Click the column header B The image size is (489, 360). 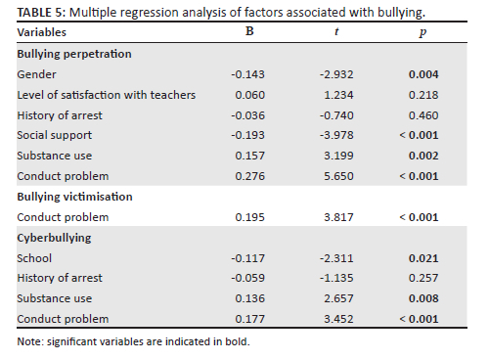[249, 31]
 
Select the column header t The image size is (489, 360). [336, 31]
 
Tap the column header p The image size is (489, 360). [422, 32]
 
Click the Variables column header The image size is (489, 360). [41, 32]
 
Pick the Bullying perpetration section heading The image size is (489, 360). [74, 54]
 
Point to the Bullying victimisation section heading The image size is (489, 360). [74, 197]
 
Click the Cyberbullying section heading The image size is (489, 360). [54, 238]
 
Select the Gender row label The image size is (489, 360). [36, 74]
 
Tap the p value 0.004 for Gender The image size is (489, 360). [423, 74]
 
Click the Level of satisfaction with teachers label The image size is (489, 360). [107, 95]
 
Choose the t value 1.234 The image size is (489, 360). [338, 95]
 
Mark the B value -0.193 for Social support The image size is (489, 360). [247, 135]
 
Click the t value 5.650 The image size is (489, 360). [338, 176]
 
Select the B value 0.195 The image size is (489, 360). [249, 217]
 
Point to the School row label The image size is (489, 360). [34, 258]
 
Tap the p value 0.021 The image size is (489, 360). [423, 258]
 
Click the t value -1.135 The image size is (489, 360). [336, 278]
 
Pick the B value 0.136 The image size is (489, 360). [249, 298]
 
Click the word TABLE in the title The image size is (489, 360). [34, 13]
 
